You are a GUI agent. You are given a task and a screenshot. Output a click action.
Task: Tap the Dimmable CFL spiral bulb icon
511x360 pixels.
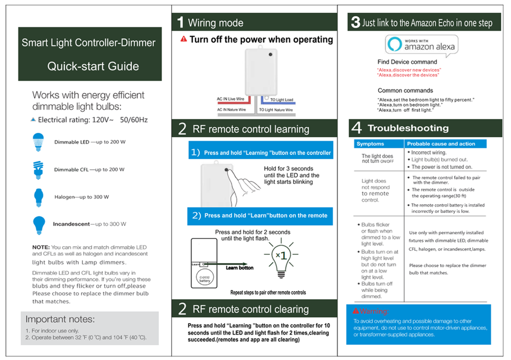point(37,169)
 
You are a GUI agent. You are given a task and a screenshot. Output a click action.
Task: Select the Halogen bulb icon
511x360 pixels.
point(38,196)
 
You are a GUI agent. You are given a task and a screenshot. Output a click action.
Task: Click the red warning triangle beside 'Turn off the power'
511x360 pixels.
point(183,39)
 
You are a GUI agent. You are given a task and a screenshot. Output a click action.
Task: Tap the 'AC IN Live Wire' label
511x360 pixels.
point(231,99)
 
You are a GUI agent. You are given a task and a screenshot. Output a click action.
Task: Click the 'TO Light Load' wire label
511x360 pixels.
point(282,100)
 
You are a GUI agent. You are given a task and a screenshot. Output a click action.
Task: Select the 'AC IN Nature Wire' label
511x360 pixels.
point(231,110)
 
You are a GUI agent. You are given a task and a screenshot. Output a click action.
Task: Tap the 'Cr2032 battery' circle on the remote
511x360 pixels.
point(204,279)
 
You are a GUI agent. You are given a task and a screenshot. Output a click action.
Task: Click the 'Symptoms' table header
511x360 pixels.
point(370,144)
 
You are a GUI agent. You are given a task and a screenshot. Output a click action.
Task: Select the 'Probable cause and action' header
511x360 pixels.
point(434,144)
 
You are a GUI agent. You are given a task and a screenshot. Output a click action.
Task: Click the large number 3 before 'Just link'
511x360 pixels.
point(355,22)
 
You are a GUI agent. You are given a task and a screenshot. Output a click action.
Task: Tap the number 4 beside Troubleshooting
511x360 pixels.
point(357,128)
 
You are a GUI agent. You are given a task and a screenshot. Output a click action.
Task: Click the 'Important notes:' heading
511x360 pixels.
point(60,320)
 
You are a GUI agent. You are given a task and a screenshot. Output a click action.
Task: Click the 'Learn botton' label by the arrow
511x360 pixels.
point(239,268)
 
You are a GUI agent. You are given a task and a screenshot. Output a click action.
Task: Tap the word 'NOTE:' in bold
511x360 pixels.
point(41,247)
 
